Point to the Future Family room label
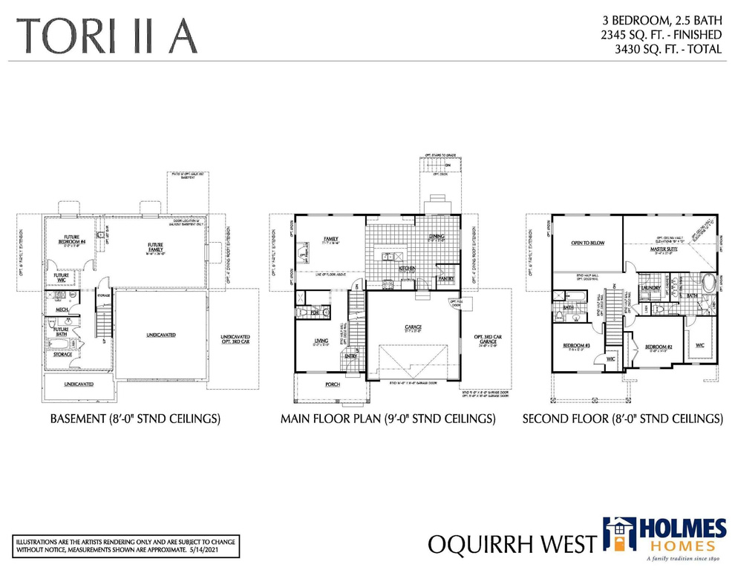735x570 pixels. pyautogui.click(x=155, y=246)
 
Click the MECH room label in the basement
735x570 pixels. pyautogui.click(x=62, y=309)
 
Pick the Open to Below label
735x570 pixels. pyautogui.click(x=587, y=243)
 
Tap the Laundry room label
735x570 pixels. pyautogui.click(x=652, y=287)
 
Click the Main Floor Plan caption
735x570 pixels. pyautogui.click(x=388, y=419)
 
